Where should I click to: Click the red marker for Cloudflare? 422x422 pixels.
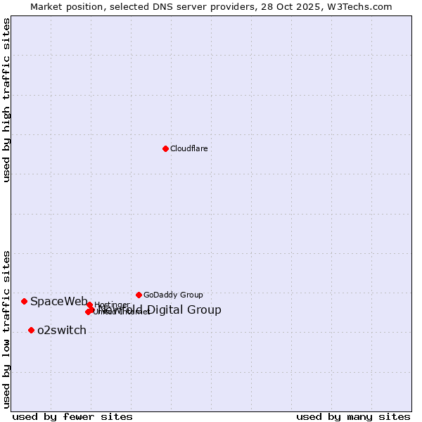[165, 148]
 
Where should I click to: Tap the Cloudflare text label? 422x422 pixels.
[188, 148]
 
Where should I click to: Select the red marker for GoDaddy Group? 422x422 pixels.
[139, 295]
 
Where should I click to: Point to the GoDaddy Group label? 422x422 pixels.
[173, 295]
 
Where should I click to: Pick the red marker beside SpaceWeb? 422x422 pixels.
[24, 301]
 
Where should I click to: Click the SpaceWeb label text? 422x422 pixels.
[58, 302]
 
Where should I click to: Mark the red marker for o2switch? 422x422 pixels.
[31, 330]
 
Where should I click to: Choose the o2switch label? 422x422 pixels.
[62, 331]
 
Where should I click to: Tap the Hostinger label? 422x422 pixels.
[112, 305]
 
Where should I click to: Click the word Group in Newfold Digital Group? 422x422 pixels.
[205, 310]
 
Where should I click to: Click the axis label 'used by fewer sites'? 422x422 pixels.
[72, 417]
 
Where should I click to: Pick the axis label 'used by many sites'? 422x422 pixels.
[353, 417]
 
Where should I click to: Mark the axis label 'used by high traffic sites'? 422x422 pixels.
[6, 100]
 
